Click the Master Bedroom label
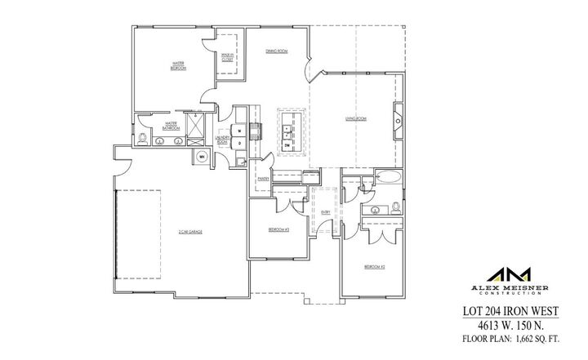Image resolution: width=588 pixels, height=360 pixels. pyautogui.click(x=176, y=65)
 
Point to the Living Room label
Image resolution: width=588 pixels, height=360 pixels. pyautogui.click(x=356, y=119)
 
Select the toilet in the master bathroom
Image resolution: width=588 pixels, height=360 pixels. pyautogui.click(x=145, y=140)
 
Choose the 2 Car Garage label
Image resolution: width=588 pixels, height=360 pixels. pyautogui.click(x=190, y=233)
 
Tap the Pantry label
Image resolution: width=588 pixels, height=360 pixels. pyautogui.click(x=263, y=178)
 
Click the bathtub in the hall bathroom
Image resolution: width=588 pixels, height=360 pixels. pyautogui.click(x=387, y=177)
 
